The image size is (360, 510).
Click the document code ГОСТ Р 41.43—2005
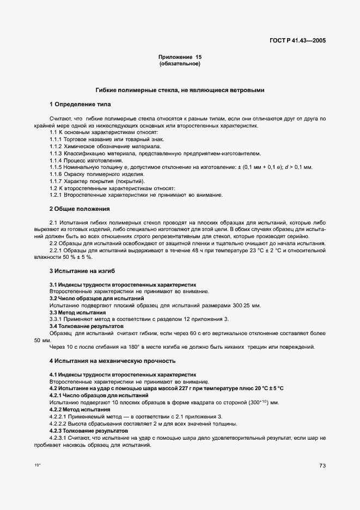click(x=297, y=40)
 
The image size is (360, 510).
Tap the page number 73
click(x=322, y=466)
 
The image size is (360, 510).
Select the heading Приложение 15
click(x=180, y=57)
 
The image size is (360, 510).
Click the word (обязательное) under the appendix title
click(x=180, y=64)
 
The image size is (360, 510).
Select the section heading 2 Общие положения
click(x=80, y=209)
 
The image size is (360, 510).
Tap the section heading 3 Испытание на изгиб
click(x=82, y=271)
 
